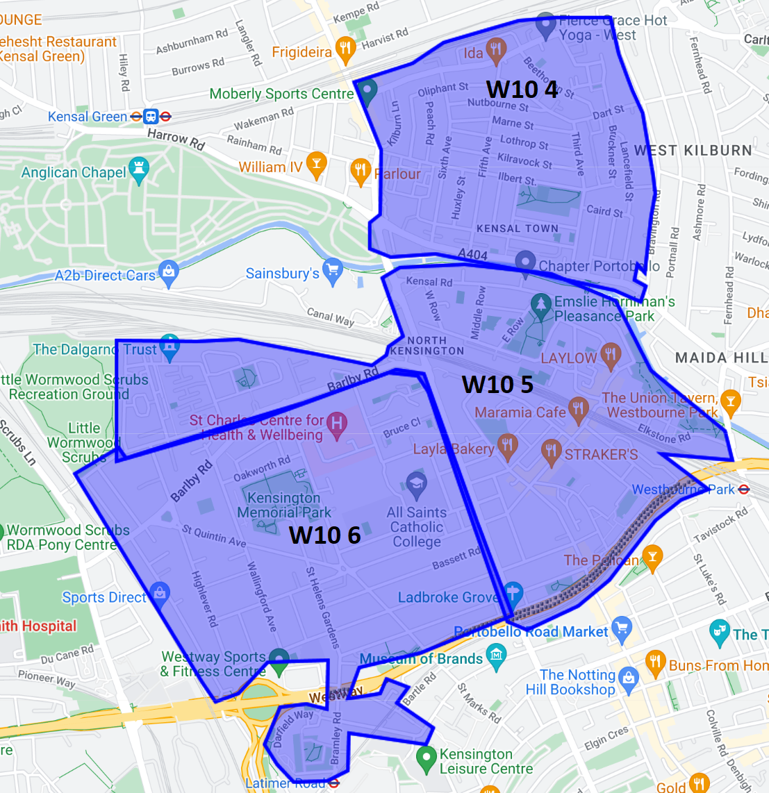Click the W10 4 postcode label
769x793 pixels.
click(x=522, y=90)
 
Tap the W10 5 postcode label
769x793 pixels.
click(x=497, y=384)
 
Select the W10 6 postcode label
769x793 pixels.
click(x=324, y=535)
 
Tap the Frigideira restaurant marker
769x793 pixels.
click(x=345, y=49)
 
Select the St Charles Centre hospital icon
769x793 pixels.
click(x=337, y=424)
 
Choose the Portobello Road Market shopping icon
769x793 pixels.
click(x=622, y=628)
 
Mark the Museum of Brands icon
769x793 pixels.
click(x=496, y=655)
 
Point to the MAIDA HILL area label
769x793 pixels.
click(x=721, y=358)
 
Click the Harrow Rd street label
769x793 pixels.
click(x=176, y=138)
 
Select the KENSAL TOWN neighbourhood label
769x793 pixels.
click(x=517, y=228)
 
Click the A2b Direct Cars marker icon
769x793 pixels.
click(x=168, y=272)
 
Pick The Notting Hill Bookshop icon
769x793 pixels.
click(x=629, y=678)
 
